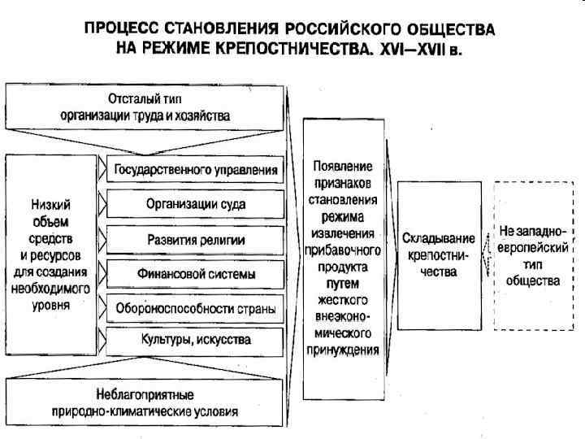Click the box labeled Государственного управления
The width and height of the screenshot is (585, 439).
click(x=195, y=171)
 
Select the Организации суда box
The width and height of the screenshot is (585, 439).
click(x=195, y=203)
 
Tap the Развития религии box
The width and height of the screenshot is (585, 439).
click(x=195, y=239)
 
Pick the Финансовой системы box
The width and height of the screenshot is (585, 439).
click(x=195, y=274)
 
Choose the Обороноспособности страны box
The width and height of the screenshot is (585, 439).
click(x=195, y=309)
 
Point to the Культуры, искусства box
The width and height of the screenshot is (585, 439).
click(x=195, y=338)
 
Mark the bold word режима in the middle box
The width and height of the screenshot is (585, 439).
click(x=342, y=218)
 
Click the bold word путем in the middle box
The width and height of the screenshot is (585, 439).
click(x=342, y=284)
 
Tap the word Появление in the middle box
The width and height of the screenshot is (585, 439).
click(x=342, y=166)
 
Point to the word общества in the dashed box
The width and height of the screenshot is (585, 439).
click(x=532, y=281)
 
